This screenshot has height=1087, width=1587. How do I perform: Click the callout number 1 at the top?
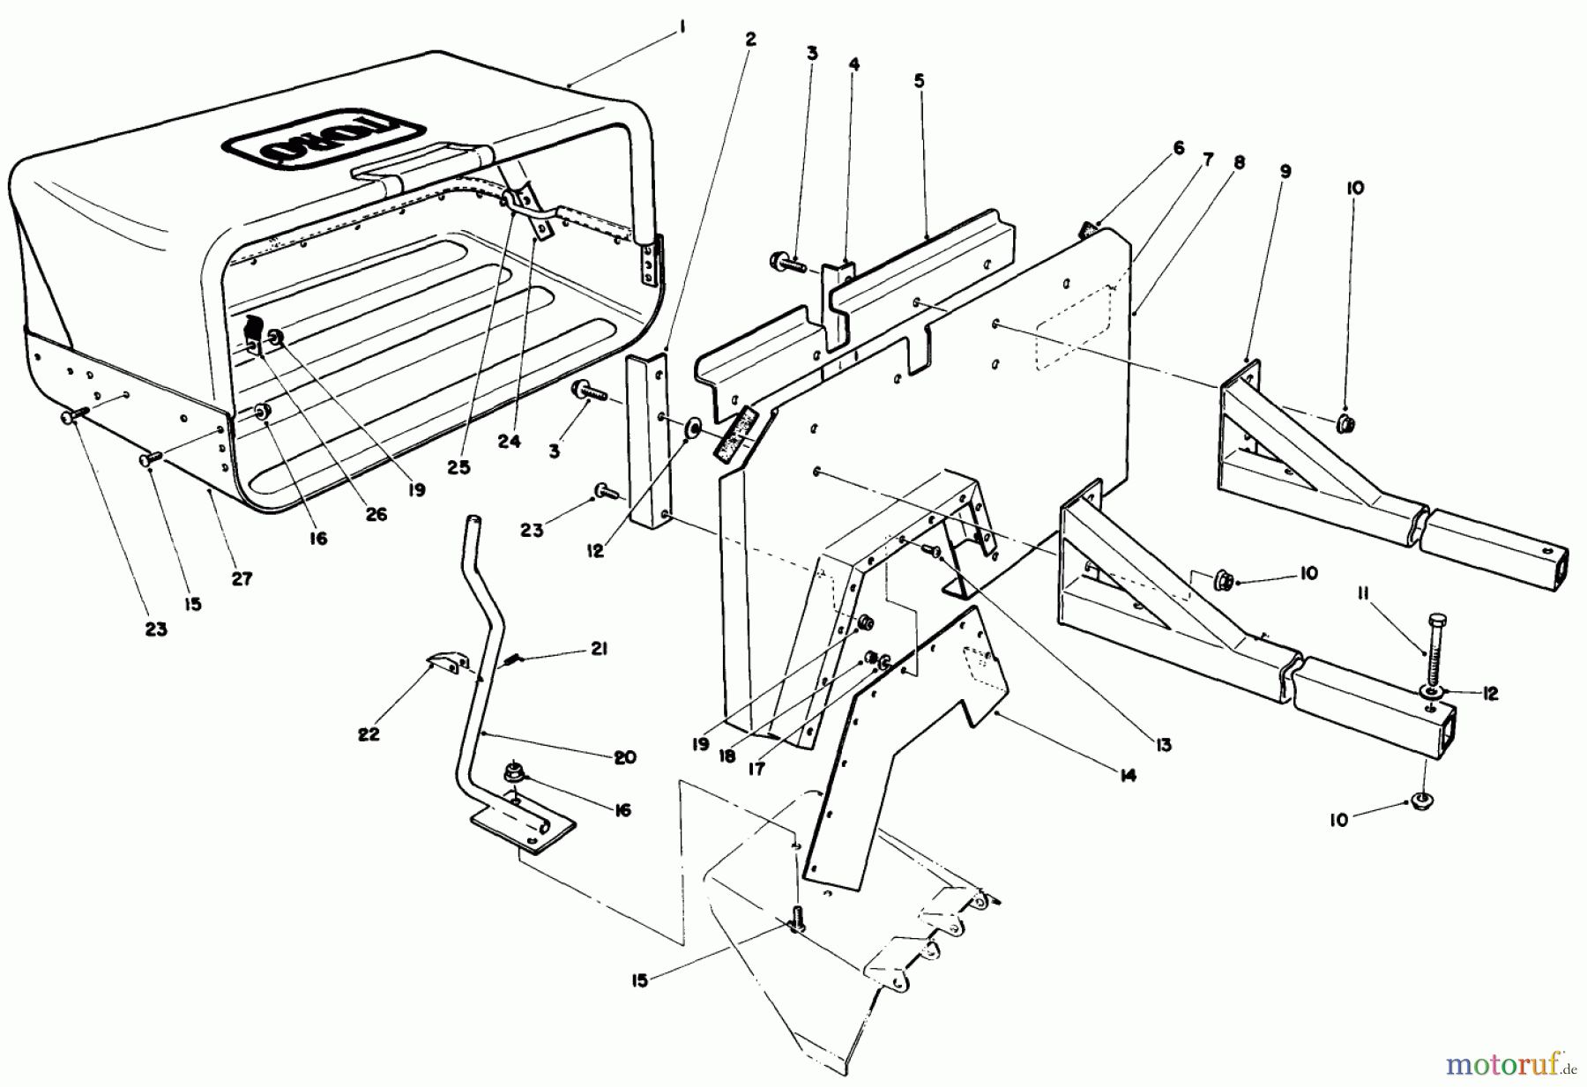click(x=682, y=28)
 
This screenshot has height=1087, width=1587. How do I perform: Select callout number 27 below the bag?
click(x=242, y=578)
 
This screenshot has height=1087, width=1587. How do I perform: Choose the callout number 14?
click(x=1126, y=776)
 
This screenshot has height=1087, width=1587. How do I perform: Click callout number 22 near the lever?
click(x=369, y=733)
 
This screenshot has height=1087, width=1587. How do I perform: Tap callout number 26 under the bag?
click(x=376, y=514)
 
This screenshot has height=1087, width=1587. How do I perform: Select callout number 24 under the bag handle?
click(x=509, y=443)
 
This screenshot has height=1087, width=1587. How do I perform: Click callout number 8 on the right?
click(x=1240, y=162)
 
